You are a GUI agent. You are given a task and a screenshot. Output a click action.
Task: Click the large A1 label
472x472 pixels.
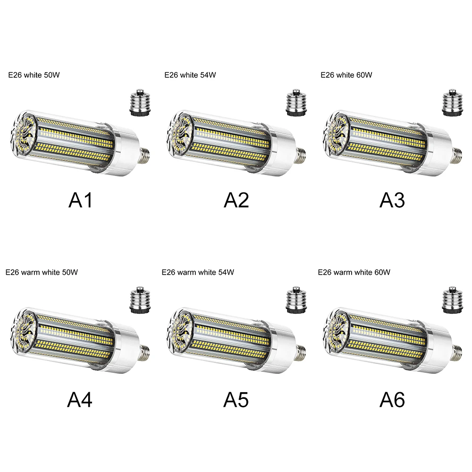tap(80, 200)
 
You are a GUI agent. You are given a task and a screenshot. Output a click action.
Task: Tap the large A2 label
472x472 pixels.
tap(236, 200)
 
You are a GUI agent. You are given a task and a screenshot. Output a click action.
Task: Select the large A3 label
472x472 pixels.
tap(392, 200)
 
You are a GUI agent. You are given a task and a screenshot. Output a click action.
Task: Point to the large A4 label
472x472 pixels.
tap(80, 399)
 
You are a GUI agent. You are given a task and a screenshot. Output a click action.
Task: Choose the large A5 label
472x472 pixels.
tap(236, 399)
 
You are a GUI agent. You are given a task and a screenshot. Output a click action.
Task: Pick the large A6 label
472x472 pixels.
tap(392, 399)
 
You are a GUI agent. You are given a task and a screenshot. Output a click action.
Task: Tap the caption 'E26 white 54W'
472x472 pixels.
tap(190, 75)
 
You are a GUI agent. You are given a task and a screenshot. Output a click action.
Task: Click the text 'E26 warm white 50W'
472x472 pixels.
tap(42, 272)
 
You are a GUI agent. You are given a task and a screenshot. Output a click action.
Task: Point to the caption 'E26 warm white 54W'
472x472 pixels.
tap(198, 272)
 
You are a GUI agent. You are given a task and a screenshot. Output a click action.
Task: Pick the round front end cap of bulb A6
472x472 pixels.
tap(336, 329)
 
